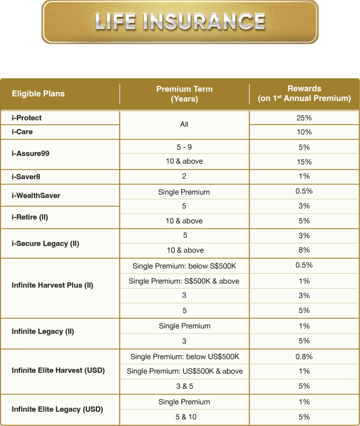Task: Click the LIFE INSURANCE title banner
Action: (x=180, y=22)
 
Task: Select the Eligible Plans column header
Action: (x=38, y=94)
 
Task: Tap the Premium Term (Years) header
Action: (x=184, y=94)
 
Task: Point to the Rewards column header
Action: (x=304, y=94)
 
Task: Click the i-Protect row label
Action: (x=27, y=118)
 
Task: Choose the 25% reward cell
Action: (x=304, y=118)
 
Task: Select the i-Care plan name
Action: (x=22, y=132)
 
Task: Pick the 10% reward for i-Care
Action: (x=304, y=132)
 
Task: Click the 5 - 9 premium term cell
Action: (x=184, y=147)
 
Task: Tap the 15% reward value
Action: (x=304, y=161)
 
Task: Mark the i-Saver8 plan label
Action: (x=26, y=177)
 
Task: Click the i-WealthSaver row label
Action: (x=36, y=196)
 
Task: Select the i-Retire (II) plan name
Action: (x=30, y=217)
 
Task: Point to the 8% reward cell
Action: (x=304, y=250)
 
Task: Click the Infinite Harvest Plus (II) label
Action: (x=52, y=286)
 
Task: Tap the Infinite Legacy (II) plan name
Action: (x=43, y=332)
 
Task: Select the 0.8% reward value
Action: (x=304, y=357)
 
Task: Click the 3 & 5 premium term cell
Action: (x=184, y=386)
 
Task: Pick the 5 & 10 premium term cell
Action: (x=184, y=417)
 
